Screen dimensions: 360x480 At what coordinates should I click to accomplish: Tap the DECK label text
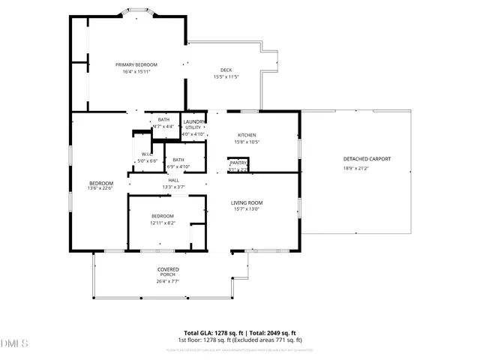[226, 70]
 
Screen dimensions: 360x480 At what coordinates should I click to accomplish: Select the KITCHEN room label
[247, 135]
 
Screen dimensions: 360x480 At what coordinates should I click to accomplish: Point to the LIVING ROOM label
[246, 202]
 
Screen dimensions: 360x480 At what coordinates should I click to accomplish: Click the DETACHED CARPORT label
[367, 159]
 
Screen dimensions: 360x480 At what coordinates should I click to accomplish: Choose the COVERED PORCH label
[167, 272]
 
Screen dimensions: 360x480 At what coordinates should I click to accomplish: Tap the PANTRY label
[238, 163]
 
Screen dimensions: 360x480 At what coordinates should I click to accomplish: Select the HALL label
[173, 180]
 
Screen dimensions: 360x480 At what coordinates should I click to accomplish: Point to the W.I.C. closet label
[147, 154]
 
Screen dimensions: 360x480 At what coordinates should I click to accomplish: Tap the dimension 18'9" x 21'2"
[367, 169]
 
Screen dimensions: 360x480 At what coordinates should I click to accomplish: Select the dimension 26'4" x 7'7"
[167, 282]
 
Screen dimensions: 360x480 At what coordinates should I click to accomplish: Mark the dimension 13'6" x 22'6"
[100, 188]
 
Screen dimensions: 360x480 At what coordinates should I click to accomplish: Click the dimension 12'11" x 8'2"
[163, 223]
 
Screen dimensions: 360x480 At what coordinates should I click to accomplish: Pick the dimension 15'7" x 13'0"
[246, 210]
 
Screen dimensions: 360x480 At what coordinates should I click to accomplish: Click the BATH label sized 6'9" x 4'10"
[178, 160]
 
